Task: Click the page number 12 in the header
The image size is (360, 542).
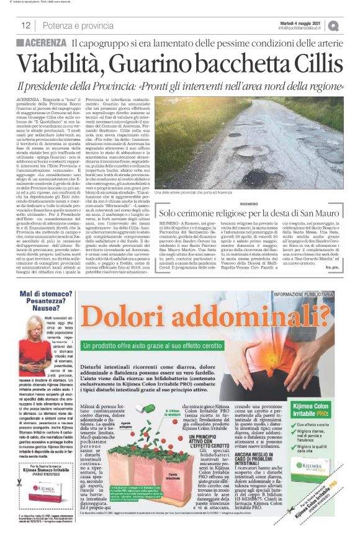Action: pyautogui.click(x=26, y=26)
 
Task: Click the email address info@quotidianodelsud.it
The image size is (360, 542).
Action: pyautogui.click(x=300, y=29)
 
